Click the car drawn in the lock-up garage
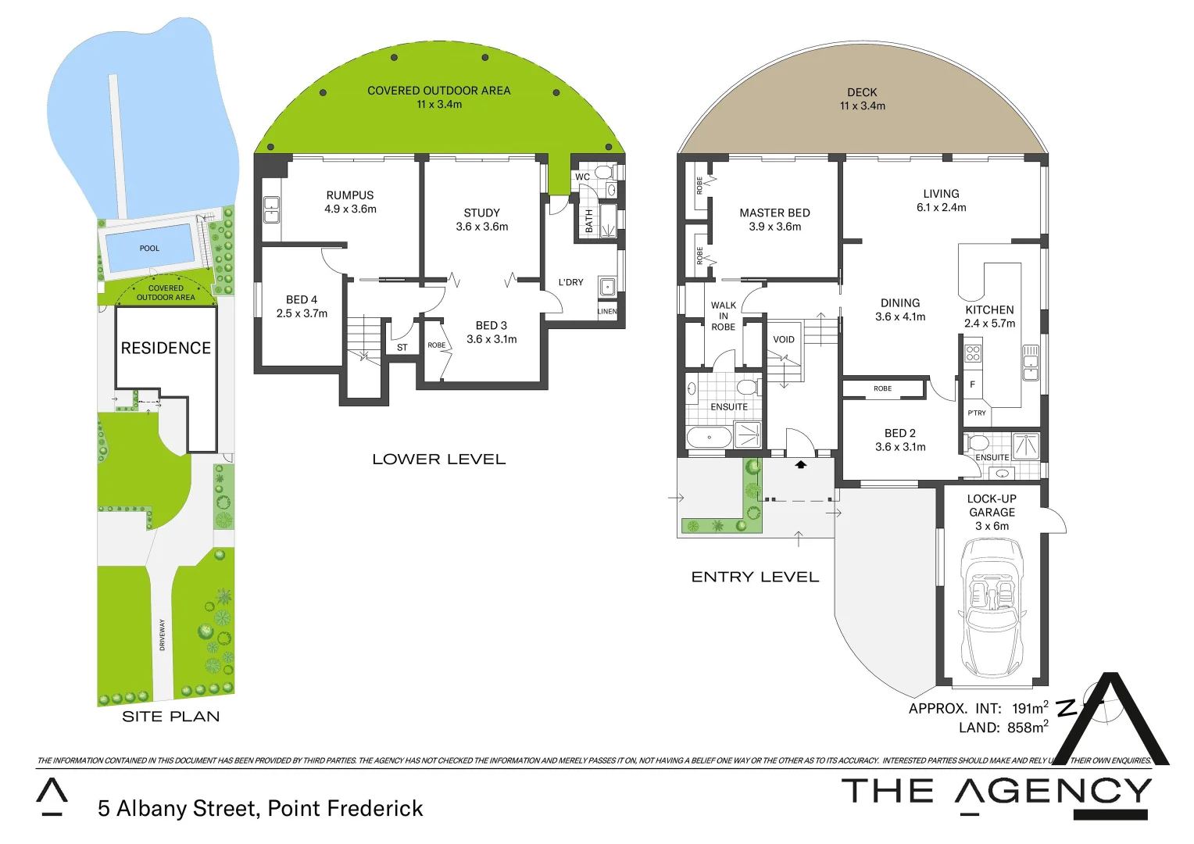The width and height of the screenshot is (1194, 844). (992, 607)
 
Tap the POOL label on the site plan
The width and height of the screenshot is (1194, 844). (149, 249)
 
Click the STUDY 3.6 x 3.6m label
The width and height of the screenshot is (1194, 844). (481, 220)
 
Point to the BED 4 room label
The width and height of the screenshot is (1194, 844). (302, 306)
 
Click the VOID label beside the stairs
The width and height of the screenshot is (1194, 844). (783, 339)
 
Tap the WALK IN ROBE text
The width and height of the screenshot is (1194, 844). (723, 316)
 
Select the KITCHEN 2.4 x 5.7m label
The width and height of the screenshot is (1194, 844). (989, 316)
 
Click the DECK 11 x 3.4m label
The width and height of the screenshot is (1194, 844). (862, 99)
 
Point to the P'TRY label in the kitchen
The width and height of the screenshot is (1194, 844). (977, 413)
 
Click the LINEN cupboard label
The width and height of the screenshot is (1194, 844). (607, 311)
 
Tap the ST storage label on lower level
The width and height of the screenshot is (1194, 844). (402, 348)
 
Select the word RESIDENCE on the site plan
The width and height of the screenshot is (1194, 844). (166, 349)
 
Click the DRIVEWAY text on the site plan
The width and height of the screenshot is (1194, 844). (163, 635)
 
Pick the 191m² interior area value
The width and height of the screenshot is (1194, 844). (1030, 708)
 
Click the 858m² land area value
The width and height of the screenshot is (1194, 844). (1027, 728)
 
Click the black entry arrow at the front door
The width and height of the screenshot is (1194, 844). (800, 465)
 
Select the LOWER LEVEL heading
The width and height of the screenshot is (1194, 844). (438, 460)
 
